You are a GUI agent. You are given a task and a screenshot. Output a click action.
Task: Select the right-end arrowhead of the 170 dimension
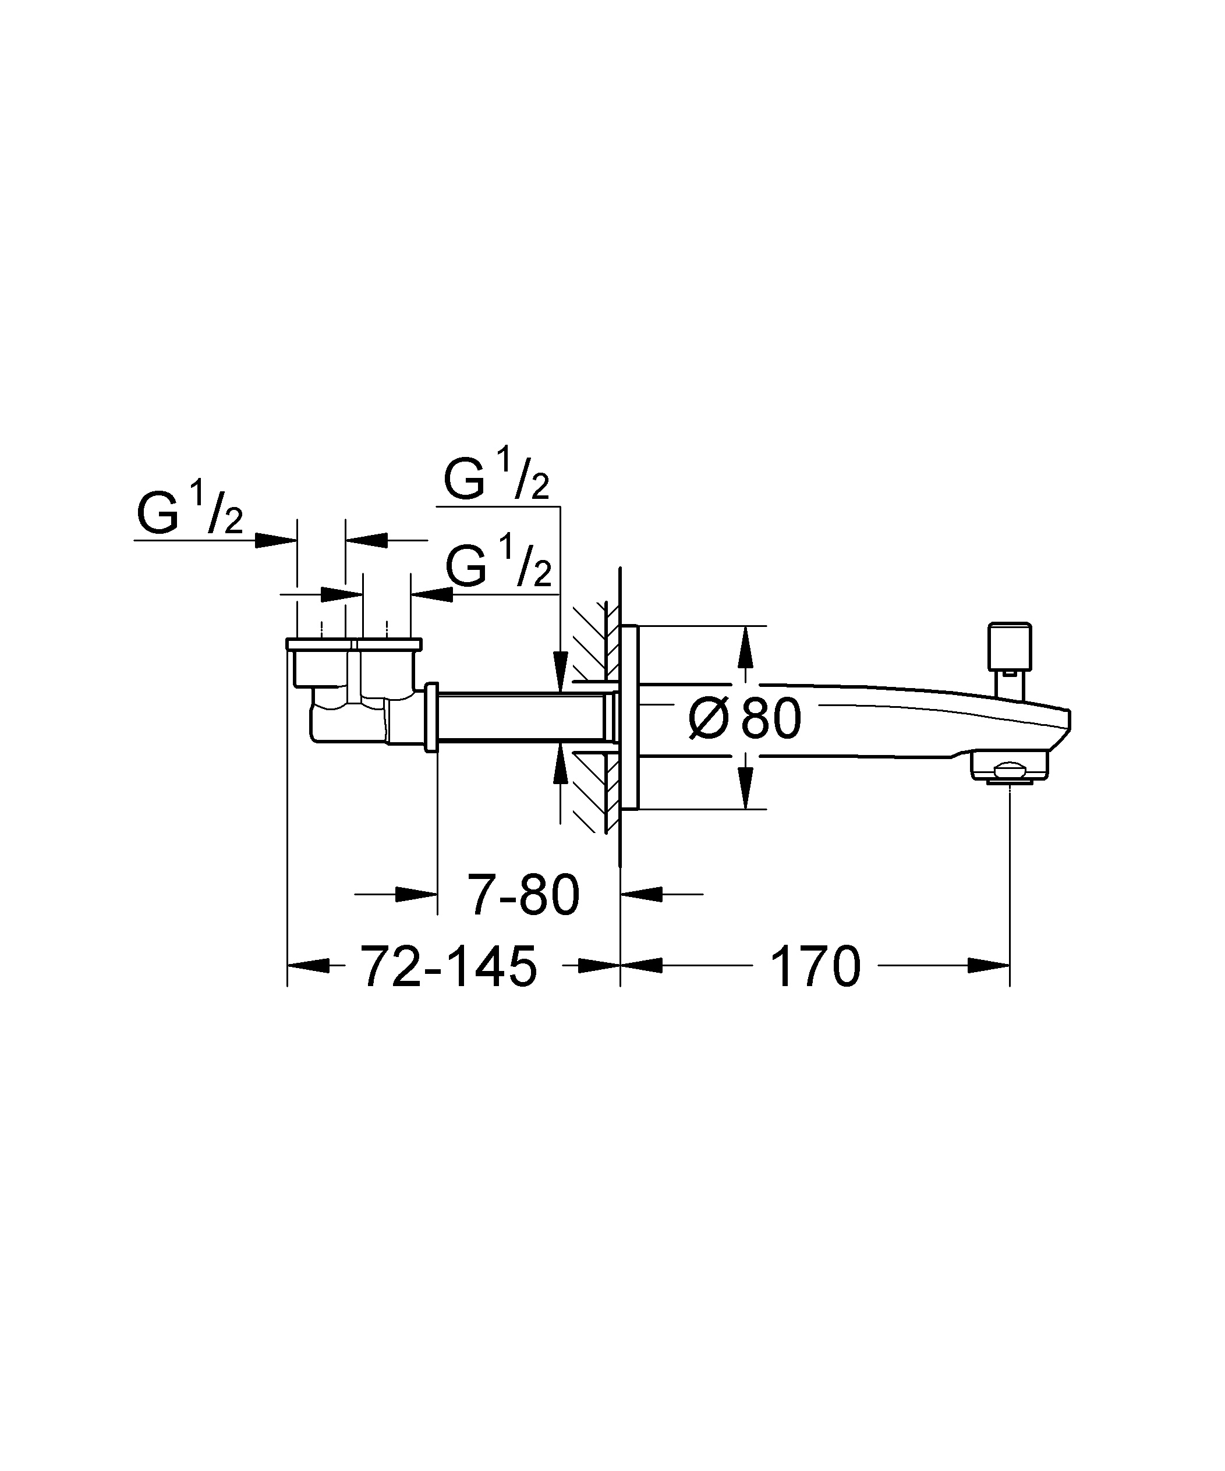click(x=989, y=965)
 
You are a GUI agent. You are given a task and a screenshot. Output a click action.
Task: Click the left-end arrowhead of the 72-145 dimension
click(x=309, y=965)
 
